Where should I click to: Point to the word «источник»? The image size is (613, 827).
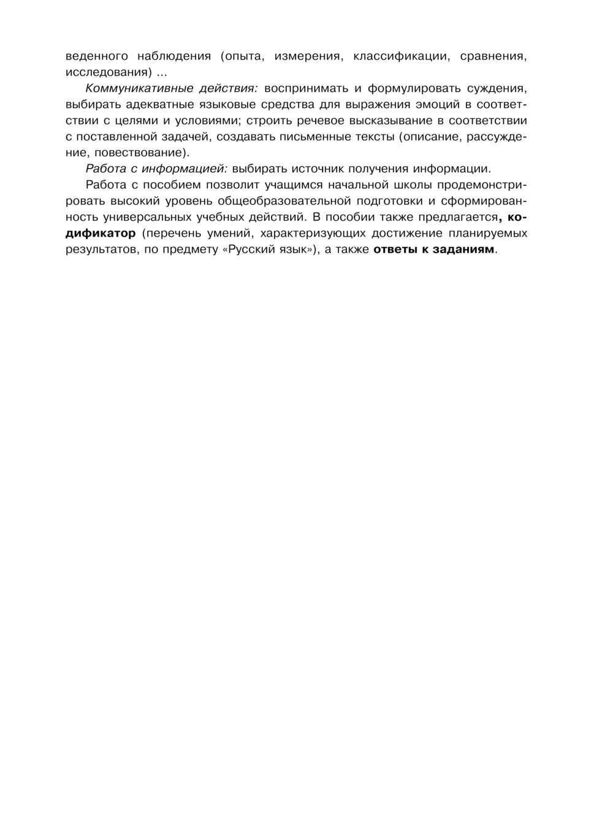click(321, 169)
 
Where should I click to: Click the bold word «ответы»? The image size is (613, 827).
click(395, 249)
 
